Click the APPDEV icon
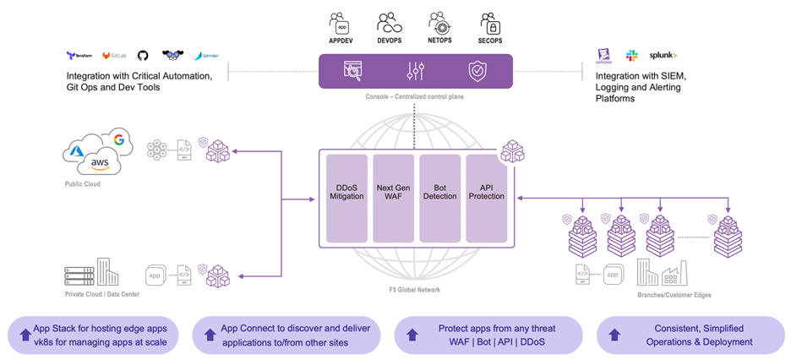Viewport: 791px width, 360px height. [340, 22]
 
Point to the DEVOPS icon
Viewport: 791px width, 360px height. [389, 22]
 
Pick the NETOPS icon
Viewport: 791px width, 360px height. [438, 22]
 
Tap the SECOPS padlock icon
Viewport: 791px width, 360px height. [488, 22]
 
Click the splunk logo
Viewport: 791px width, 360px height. [663, 56]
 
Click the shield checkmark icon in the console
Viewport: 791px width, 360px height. [477, 71]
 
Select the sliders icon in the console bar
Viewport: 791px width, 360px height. [415, 71]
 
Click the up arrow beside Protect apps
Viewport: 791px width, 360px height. [412, 335]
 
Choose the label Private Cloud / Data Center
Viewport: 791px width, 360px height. [102, 294]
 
